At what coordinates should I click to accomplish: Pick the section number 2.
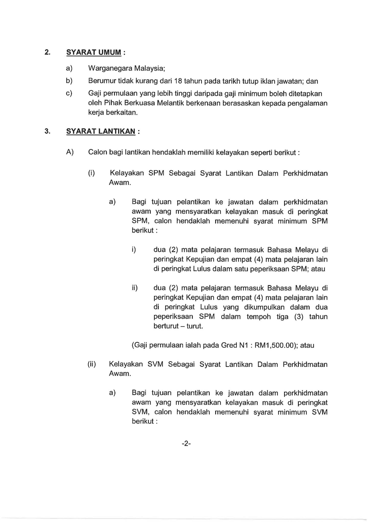(x=47, y=52)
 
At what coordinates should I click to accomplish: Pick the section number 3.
(x=47, y=131)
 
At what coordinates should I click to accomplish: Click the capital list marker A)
(x=70, y=152)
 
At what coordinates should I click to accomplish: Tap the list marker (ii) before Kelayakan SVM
(x=92, y=364)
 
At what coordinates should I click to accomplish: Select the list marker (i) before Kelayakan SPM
(x=91, y=173)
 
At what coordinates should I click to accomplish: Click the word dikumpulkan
(x=264, y=307)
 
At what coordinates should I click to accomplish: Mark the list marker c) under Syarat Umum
(x=69, y=94)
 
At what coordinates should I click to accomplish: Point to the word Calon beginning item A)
(x=98, y=152)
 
